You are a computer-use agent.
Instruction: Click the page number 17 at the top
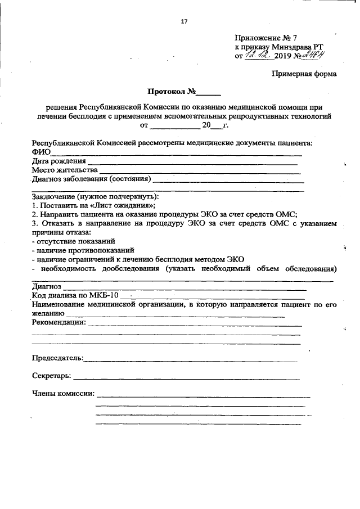pos(184,22)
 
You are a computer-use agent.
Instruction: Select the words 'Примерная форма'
pos(304,74)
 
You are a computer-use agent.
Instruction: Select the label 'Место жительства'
pos(65,170)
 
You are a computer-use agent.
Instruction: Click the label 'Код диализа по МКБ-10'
pos(75,295)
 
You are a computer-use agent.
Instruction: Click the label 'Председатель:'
pos(58,358)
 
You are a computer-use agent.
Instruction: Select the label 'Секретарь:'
pos(51,375)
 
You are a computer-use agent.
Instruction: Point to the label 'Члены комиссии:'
pos(63,393)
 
